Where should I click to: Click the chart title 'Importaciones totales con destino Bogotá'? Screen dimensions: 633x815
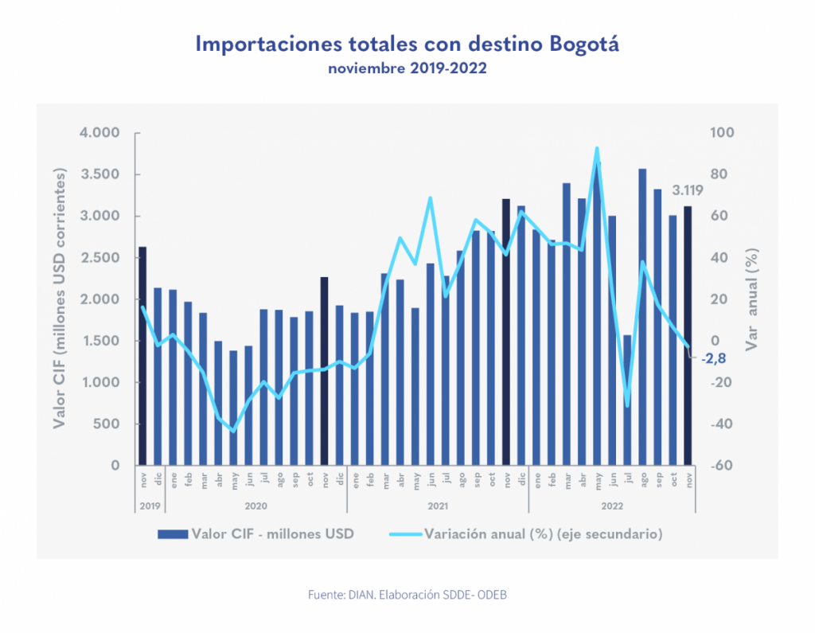click(407, 44)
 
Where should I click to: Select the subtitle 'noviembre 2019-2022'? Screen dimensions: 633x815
click(407, 69)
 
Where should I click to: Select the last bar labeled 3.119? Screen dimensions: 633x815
click(688, 335)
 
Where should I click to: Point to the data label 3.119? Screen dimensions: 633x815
click(688, 190)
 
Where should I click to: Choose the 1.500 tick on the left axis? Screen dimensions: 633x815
click(99, 341)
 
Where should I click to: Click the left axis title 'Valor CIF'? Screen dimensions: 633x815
click(60, 299)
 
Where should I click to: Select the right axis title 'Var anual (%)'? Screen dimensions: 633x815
click(752, 299)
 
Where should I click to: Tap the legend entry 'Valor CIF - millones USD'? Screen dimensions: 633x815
click(271, 533)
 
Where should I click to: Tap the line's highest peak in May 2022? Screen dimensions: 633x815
click(597, 148)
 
